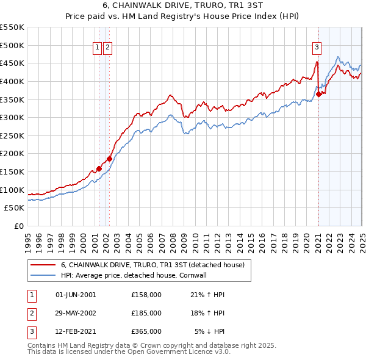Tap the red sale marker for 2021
point(319,94)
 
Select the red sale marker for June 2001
point(99,169)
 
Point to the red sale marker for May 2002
point(109,159)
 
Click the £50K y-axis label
point(14,208)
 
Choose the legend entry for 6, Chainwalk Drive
point(152,265)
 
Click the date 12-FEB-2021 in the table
point(75,331)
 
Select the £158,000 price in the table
point(146,295)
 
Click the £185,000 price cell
point(146,313)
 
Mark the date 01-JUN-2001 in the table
point(75,295)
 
